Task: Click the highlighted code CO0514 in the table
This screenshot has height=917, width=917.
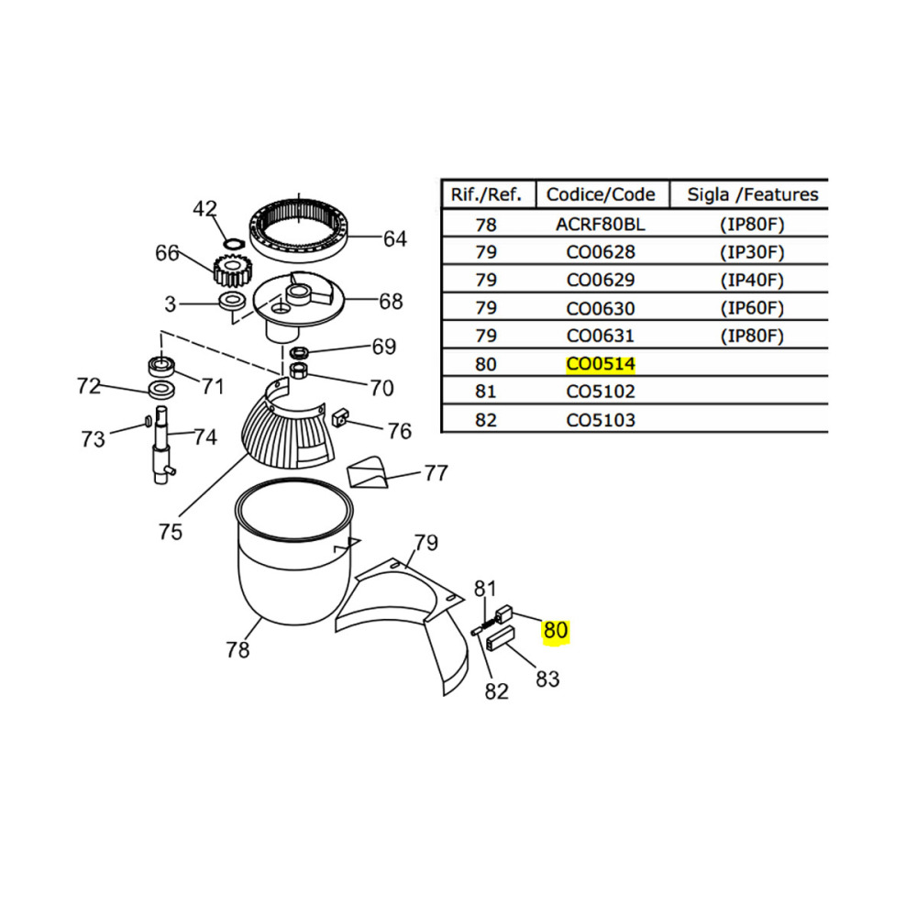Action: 601,364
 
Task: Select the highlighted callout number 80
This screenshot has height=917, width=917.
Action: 556,631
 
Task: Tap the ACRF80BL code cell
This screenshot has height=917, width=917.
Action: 601,225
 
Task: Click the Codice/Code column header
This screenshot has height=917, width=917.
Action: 601,194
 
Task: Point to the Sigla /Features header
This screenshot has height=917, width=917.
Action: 753,194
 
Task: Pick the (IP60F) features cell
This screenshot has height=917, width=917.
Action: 752,307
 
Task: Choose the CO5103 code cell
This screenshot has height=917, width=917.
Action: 601,420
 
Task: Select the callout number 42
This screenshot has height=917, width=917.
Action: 204,209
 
